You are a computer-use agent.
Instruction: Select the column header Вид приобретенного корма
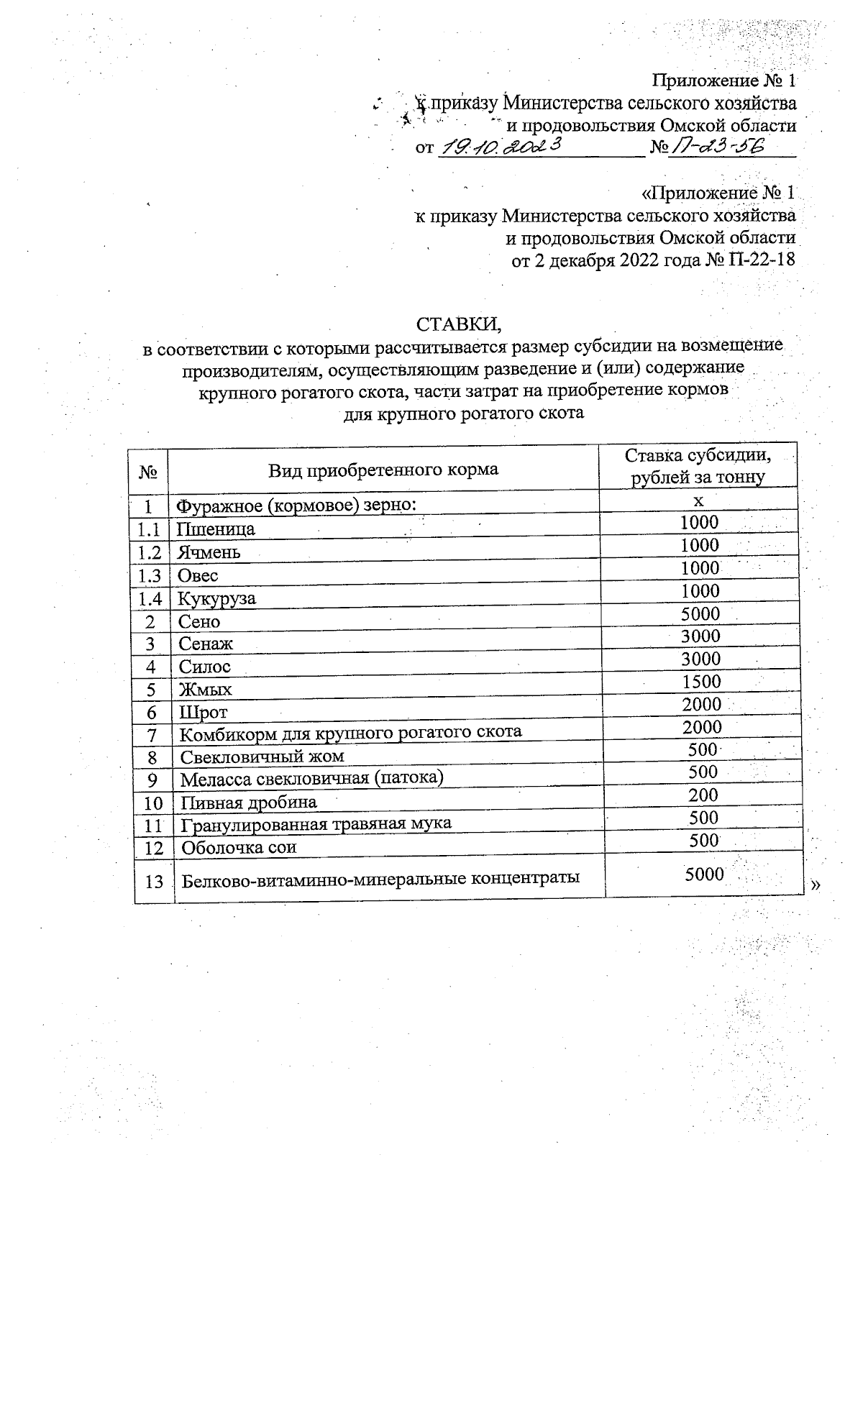click(383, 470)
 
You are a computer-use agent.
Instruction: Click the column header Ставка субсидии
click(698, 456)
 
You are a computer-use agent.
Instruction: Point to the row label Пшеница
click(216, 530)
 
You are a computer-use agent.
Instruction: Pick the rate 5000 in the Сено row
click(700, 613)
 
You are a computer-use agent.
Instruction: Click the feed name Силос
click(205, 667)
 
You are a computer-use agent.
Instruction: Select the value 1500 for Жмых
click(700, 681)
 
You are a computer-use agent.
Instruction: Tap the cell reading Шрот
click(204, 713)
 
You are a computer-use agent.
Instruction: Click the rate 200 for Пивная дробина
click(703, 795)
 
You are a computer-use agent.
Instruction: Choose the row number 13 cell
click(154, 881)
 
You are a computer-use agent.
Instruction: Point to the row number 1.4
click(148, 599)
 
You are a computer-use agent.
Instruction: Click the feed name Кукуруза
click(216, 599)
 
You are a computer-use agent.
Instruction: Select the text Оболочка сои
click(238, 847)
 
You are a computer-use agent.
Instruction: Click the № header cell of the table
click(148, 472)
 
